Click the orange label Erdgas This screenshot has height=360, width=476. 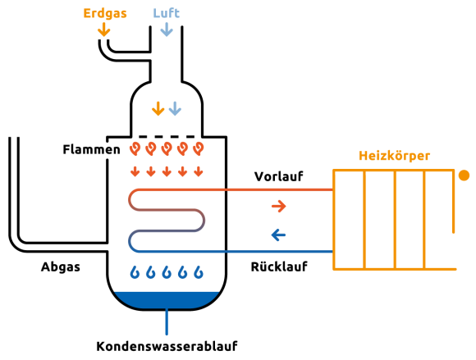click(105, 13)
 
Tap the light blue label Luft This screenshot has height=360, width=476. click(167, 13)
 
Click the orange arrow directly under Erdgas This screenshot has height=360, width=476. click(104, 30)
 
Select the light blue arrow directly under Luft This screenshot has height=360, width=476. click(167, 30)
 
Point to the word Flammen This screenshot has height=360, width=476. click(91, 149)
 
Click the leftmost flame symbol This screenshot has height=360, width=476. click(135, 148)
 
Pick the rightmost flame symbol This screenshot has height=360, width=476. click(199, 148)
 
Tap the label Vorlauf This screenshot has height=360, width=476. click(279, 176)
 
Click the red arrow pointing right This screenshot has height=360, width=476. click(279, 206)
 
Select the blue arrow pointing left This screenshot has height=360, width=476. click(278, 235)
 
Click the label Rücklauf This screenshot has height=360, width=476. click(279, 267)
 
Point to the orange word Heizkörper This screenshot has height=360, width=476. click(394, 156)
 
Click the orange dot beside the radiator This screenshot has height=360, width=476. click(464, 175)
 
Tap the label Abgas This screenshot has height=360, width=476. click(61, 267)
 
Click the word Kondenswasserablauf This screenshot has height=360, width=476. click(167, 346)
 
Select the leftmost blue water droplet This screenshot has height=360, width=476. click(135, 272)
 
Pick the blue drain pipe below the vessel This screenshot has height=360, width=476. click(167, 321)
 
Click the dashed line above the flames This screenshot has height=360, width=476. click(167, 137)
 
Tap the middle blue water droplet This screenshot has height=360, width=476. click(167, 272)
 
